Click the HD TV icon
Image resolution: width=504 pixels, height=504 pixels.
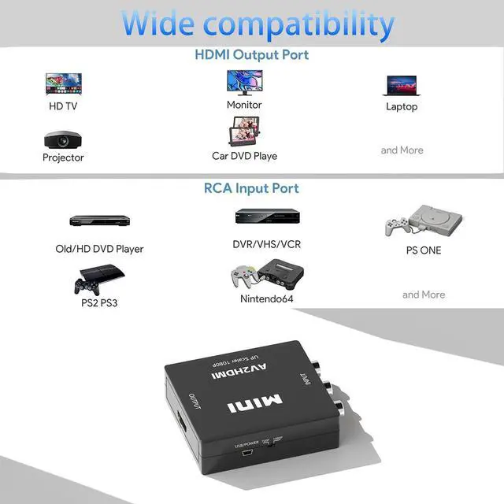tap(63, 84)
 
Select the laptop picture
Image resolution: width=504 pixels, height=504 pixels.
tap(401, 85)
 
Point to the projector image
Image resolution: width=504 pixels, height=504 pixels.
tap(63, 139)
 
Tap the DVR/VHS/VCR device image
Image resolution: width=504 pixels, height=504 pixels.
tap(266, 216)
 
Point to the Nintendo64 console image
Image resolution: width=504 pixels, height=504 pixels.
tap(266, 276)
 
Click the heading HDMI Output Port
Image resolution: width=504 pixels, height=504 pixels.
tap(252, 55)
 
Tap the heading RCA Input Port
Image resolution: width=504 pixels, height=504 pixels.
tap(252, 188)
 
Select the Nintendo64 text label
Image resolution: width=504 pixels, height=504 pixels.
tap(266, 299)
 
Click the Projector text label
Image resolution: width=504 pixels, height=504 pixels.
tap(63, 157)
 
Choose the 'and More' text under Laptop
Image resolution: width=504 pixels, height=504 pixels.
tap(402, 150)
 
